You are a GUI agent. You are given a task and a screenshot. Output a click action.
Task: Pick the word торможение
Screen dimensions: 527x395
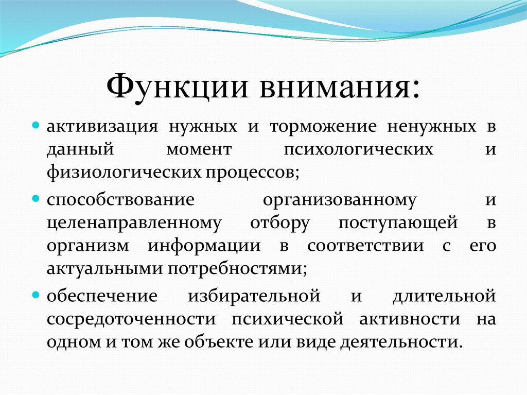click(323, 127)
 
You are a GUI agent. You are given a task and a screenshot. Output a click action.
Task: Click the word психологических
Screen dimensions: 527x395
click(359, 150)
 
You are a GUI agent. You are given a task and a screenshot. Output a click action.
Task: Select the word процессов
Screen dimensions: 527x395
click(250, 174)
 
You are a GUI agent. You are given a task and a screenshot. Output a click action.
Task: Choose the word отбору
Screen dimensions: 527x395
click(280, 222)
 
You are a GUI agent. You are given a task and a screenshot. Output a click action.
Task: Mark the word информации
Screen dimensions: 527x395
click(204, 246)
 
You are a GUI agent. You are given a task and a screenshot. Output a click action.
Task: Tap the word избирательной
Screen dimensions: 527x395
click(254, 296)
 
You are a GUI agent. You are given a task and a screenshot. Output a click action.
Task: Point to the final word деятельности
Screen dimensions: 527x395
click(399, 342)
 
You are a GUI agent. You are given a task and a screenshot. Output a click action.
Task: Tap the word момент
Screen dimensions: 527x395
click(199, 150)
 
